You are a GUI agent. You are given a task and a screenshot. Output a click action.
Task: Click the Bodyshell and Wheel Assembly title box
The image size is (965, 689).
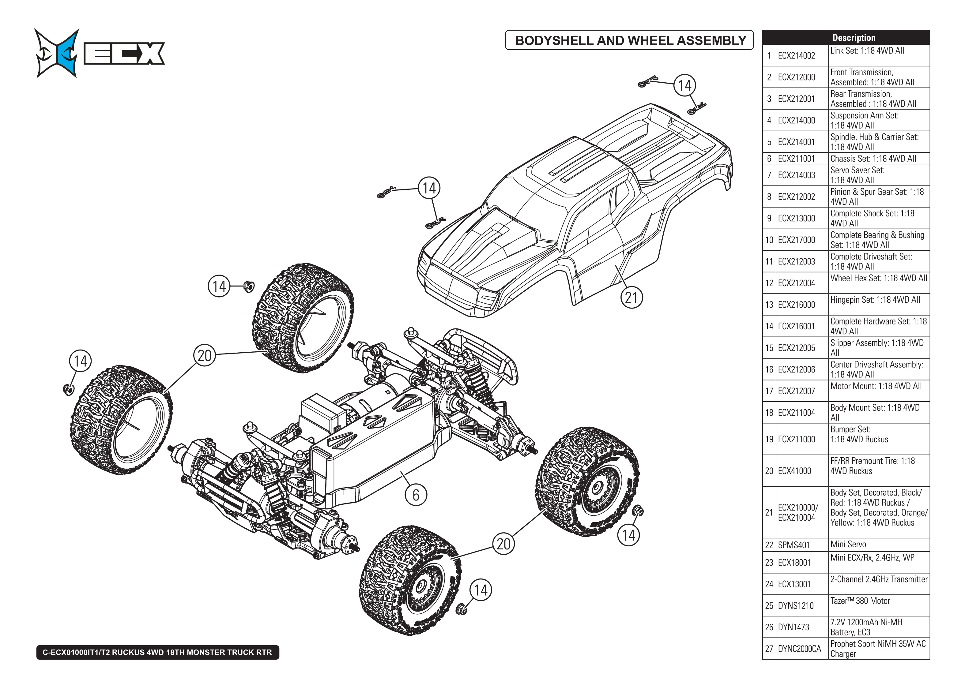coord(630,40)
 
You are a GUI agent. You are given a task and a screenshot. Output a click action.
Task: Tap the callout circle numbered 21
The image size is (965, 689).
coord(631,298)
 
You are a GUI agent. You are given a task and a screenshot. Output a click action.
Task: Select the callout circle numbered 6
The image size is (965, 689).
coord(416,495)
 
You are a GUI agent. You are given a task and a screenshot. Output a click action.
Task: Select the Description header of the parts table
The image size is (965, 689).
coord(854,38)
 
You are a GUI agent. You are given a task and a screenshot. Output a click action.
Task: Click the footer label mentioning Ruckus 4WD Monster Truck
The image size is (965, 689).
coord(157,652)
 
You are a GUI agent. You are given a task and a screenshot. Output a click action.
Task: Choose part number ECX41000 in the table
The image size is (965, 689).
coord(794,471)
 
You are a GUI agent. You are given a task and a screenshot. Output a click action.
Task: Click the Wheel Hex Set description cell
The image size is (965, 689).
coord(878,278)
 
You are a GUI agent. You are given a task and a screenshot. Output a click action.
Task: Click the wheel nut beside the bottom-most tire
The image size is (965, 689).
coord(462,610)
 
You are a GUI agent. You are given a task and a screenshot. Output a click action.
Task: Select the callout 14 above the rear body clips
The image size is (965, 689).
coord(685,85)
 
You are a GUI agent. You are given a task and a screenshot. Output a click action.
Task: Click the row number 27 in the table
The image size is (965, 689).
coord(769,649)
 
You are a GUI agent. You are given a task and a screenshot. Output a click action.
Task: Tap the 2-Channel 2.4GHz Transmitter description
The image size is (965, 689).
coord(878,579)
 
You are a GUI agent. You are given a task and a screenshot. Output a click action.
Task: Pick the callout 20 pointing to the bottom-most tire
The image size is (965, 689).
coord(503,544)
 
